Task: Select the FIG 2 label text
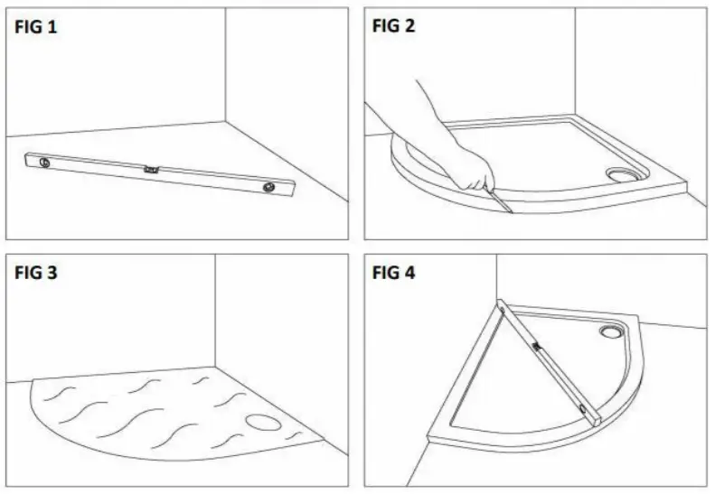[394, 26]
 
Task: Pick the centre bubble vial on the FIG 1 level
[151, 168]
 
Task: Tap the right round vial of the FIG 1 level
[268, 187]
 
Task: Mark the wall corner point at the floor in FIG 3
[215, 367]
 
